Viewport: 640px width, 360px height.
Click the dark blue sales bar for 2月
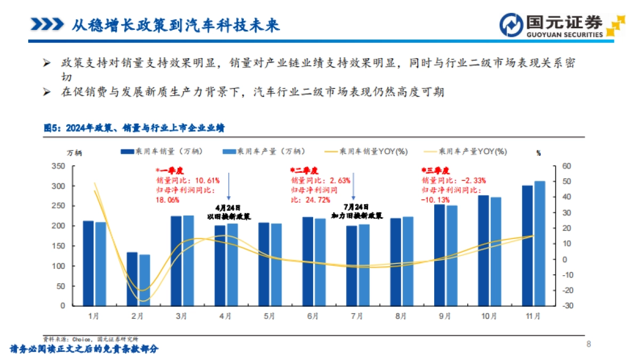[x=132, y=279]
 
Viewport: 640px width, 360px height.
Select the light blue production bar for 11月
[x=540, y=243]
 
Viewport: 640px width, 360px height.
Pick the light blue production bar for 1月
[x=100, y=263]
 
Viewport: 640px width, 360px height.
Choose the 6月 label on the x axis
[x=313, y=316]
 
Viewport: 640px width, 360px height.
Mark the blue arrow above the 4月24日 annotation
[x=228, y=186]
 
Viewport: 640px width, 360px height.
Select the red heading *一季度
[x=166, y=170]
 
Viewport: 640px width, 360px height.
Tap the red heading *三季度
[x=436, y=170]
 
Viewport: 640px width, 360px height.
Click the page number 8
[x=588, y=344]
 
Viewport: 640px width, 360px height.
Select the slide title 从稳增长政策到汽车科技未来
[x=176, y=25]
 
